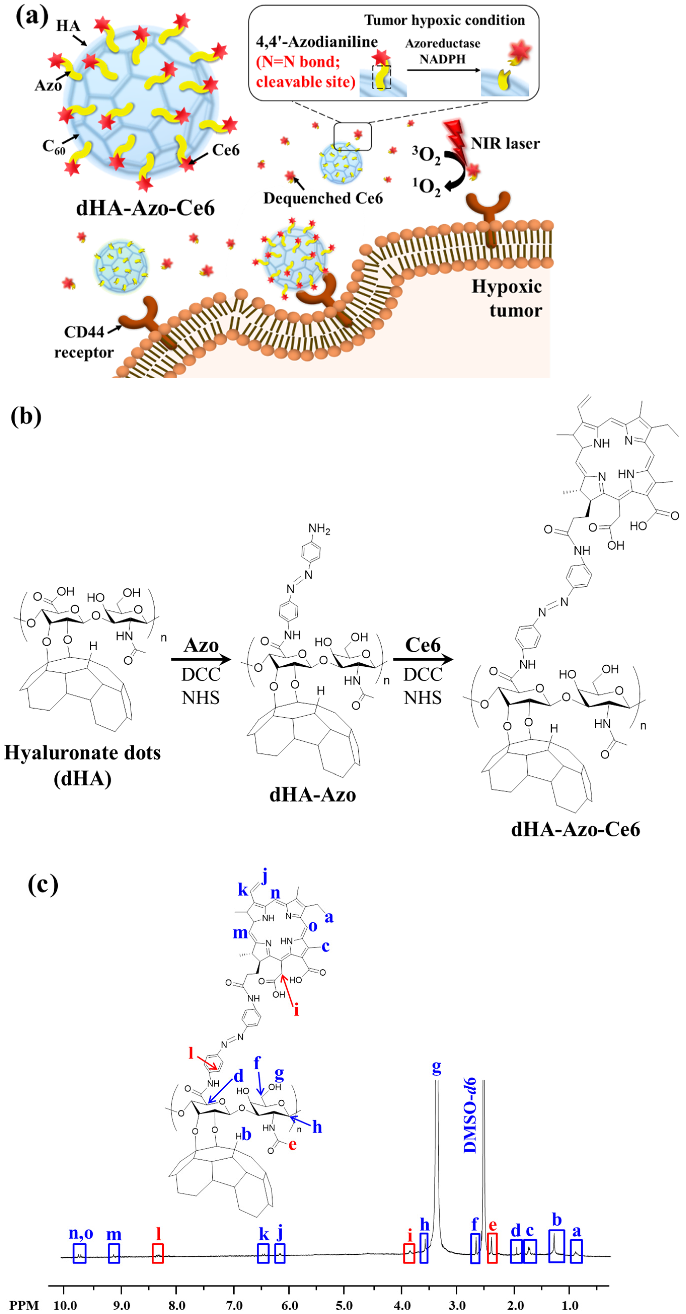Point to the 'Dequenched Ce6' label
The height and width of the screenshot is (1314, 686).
[323, 198]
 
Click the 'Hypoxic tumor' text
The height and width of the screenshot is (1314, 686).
[507, 298]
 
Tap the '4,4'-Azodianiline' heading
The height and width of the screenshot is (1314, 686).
[317, 42]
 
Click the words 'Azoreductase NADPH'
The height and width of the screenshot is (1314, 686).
[443, 51]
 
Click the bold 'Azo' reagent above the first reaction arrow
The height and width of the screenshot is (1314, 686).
[201, 645]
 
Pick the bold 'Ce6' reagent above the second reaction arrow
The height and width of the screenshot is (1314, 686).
[423, 645]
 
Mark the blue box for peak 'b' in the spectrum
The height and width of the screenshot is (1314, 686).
[556, 1246]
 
